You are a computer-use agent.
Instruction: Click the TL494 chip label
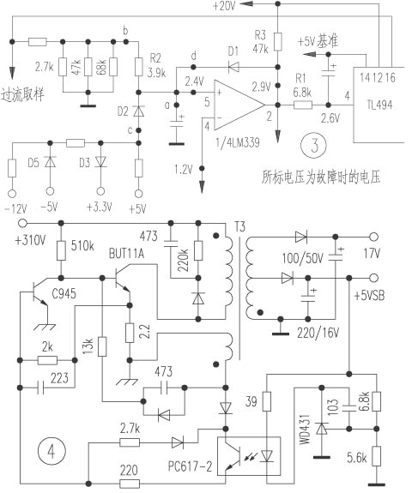(379, 105)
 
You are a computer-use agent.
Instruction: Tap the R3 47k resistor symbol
(277, 42)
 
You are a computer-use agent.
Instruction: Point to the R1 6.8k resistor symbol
(303, 105)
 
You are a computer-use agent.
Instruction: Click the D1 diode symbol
(233, 67)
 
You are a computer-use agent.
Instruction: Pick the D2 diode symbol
(138, 111)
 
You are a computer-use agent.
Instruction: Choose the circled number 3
(314, 146)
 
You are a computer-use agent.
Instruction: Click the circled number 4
(51, 451)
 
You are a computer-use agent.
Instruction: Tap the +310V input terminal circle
(22, 223)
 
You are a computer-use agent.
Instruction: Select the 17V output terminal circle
(374, 237)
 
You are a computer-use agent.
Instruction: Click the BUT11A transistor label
(126, 254)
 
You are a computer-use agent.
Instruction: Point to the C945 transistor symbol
(39, 292)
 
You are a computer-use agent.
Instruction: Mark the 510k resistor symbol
(62, 250)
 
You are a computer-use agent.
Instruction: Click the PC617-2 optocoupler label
(190, 466)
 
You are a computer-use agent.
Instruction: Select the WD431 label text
(305, 429)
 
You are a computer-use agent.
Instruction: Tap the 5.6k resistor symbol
(377, 456)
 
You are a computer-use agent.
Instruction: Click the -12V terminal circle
(12, 194)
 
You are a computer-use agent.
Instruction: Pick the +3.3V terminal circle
(100, 191)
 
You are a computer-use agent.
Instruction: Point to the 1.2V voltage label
(183, 170)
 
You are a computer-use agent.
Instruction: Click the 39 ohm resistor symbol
(267, 401)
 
